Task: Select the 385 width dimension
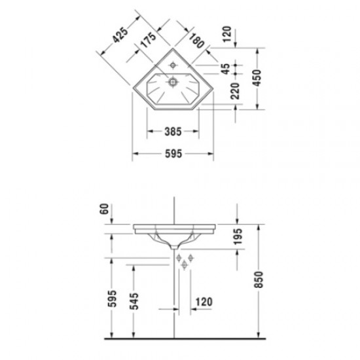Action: [x=173, y=132]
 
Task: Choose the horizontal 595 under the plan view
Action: [x=173, y=154]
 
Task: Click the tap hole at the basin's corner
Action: [x=173, y=65]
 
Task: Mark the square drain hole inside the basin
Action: [x=173, y=82]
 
